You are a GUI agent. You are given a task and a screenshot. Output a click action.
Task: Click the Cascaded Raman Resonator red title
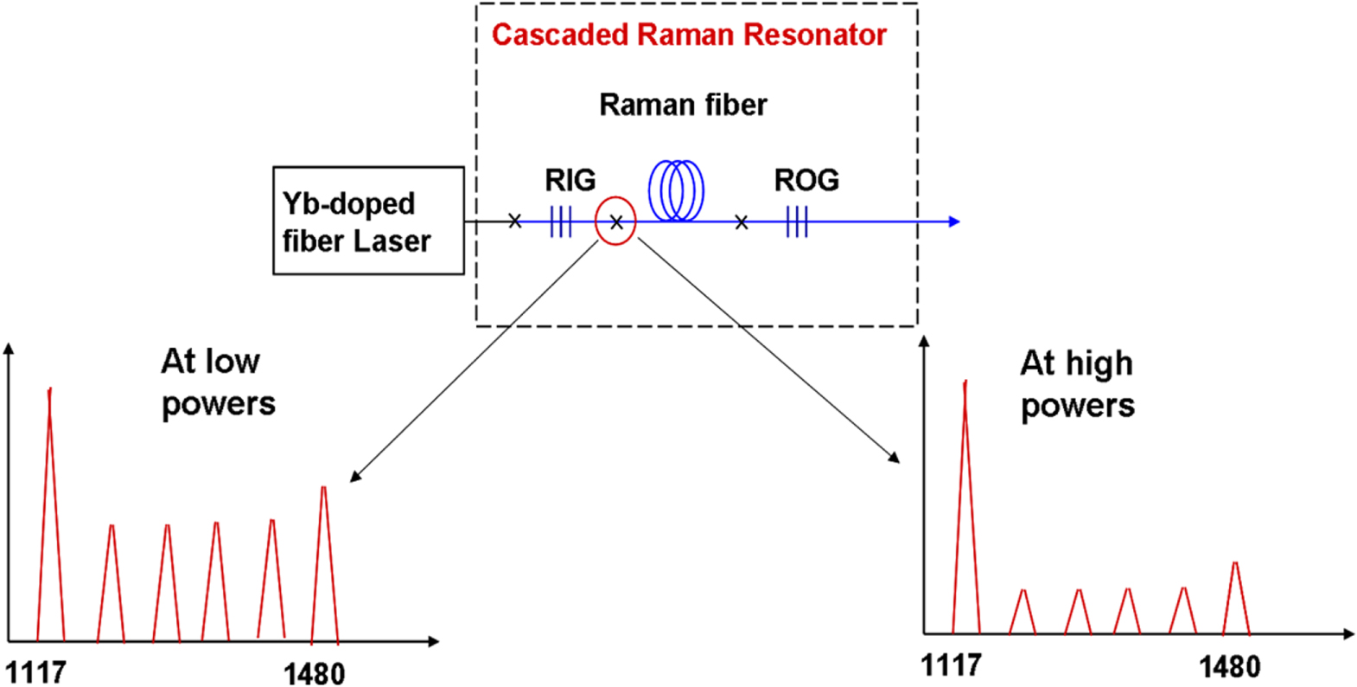689,35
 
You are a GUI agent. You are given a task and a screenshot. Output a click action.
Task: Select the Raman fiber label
683,105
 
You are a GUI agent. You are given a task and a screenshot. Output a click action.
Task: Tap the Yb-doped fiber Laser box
368,222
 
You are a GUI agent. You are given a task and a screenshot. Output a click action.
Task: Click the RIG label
570,180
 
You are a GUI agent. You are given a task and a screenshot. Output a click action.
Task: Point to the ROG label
806,180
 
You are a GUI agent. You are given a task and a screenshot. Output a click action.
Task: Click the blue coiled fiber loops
677,190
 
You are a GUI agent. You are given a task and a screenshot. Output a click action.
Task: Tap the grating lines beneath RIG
561,222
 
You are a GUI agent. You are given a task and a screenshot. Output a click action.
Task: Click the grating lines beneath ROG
797,222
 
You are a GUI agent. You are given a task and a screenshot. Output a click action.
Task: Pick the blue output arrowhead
954,222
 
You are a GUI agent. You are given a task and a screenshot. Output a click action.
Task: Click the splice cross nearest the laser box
515,222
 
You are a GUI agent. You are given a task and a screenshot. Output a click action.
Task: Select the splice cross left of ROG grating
742,222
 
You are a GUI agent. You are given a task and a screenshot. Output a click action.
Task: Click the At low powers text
218,382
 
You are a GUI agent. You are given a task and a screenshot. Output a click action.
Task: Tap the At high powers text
1077,384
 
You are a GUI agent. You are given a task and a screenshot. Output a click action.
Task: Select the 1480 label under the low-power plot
314,673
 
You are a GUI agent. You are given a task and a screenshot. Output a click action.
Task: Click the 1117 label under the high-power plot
951,665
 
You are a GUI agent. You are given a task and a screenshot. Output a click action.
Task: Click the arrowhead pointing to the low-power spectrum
354,477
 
